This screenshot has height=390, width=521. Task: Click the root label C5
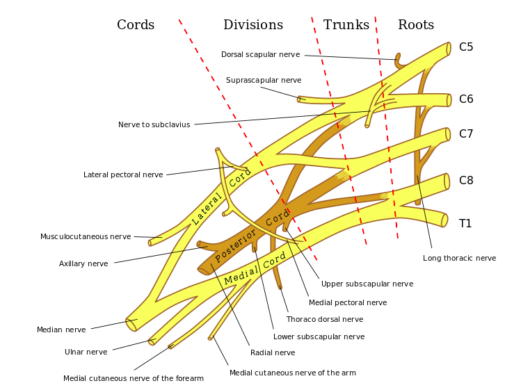coord(466,47)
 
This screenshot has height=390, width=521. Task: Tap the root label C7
coord(466,133)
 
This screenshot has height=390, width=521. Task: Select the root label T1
coord(465,223)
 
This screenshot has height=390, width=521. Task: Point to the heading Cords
coord(136,25)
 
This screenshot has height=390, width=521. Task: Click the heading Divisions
coord(253,25)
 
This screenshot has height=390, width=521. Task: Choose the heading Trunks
coord(346,25)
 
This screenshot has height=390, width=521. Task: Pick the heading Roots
coord(416,25)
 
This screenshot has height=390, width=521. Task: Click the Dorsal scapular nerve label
coord(260,54)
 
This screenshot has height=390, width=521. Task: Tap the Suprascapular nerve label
coord(264,80)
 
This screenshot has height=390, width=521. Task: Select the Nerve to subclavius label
coord(154,125)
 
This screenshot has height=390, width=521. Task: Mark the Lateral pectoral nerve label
coord(123,174)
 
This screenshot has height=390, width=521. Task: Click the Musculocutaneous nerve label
coord(86,236)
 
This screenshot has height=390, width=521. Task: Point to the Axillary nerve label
coord(83,263)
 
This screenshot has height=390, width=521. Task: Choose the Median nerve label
coord(61,330)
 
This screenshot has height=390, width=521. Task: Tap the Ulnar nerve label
coord(86,352)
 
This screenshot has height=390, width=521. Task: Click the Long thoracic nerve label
coord(459,258)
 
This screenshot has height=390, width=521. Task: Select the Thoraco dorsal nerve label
coord(325,319)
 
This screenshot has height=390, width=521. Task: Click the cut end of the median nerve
coord(131,325)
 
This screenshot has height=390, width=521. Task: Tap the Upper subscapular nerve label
coord(367,284)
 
